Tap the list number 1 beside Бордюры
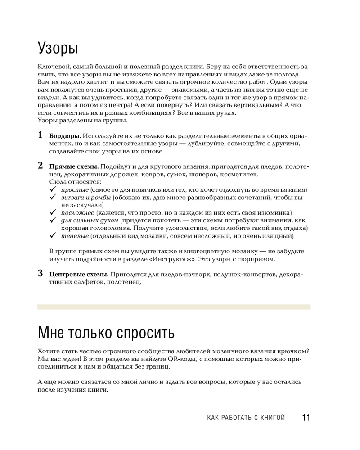pos(40,135)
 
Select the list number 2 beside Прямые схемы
pos(40,165)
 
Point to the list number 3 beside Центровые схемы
pos(40,273)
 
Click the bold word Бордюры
pos(65,136)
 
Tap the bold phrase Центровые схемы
pos(79,274)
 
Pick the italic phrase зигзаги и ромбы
pos(86,198)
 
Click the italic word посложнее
pos(78,213)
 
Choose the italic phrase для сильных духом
pos(90,220)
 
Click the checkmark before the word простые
pos(52,190)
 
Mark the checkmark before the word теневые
pos(52,236)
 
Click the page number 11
pos(306,418)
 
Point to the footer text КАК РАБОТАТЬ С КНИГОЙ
pos(246,418)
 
